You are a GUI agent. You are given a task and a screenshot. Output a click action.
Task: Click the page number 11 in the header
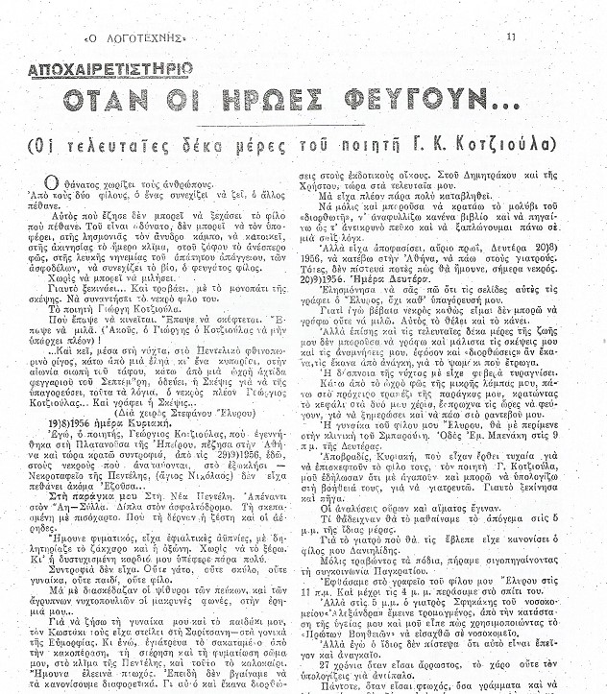(x=512, y=36)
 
